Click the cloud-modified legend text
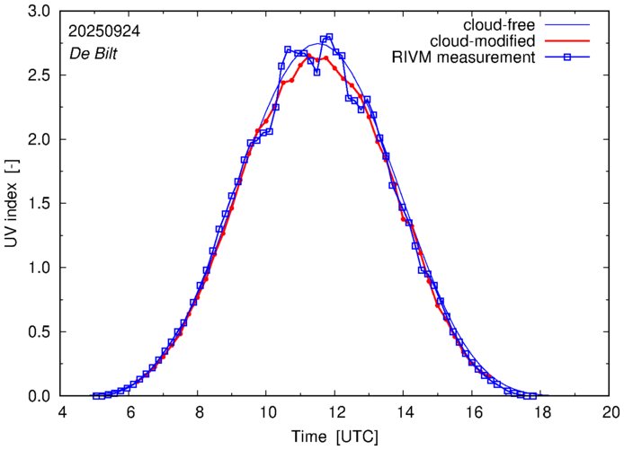[485, 41]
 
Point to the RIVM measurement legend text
[464, 58]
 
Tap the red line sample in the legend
[568, 41]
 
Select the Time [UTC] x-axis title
[334, 436]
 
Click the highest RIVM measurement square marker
[329, 37]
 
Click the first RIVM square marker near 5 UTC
[96, 396]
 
